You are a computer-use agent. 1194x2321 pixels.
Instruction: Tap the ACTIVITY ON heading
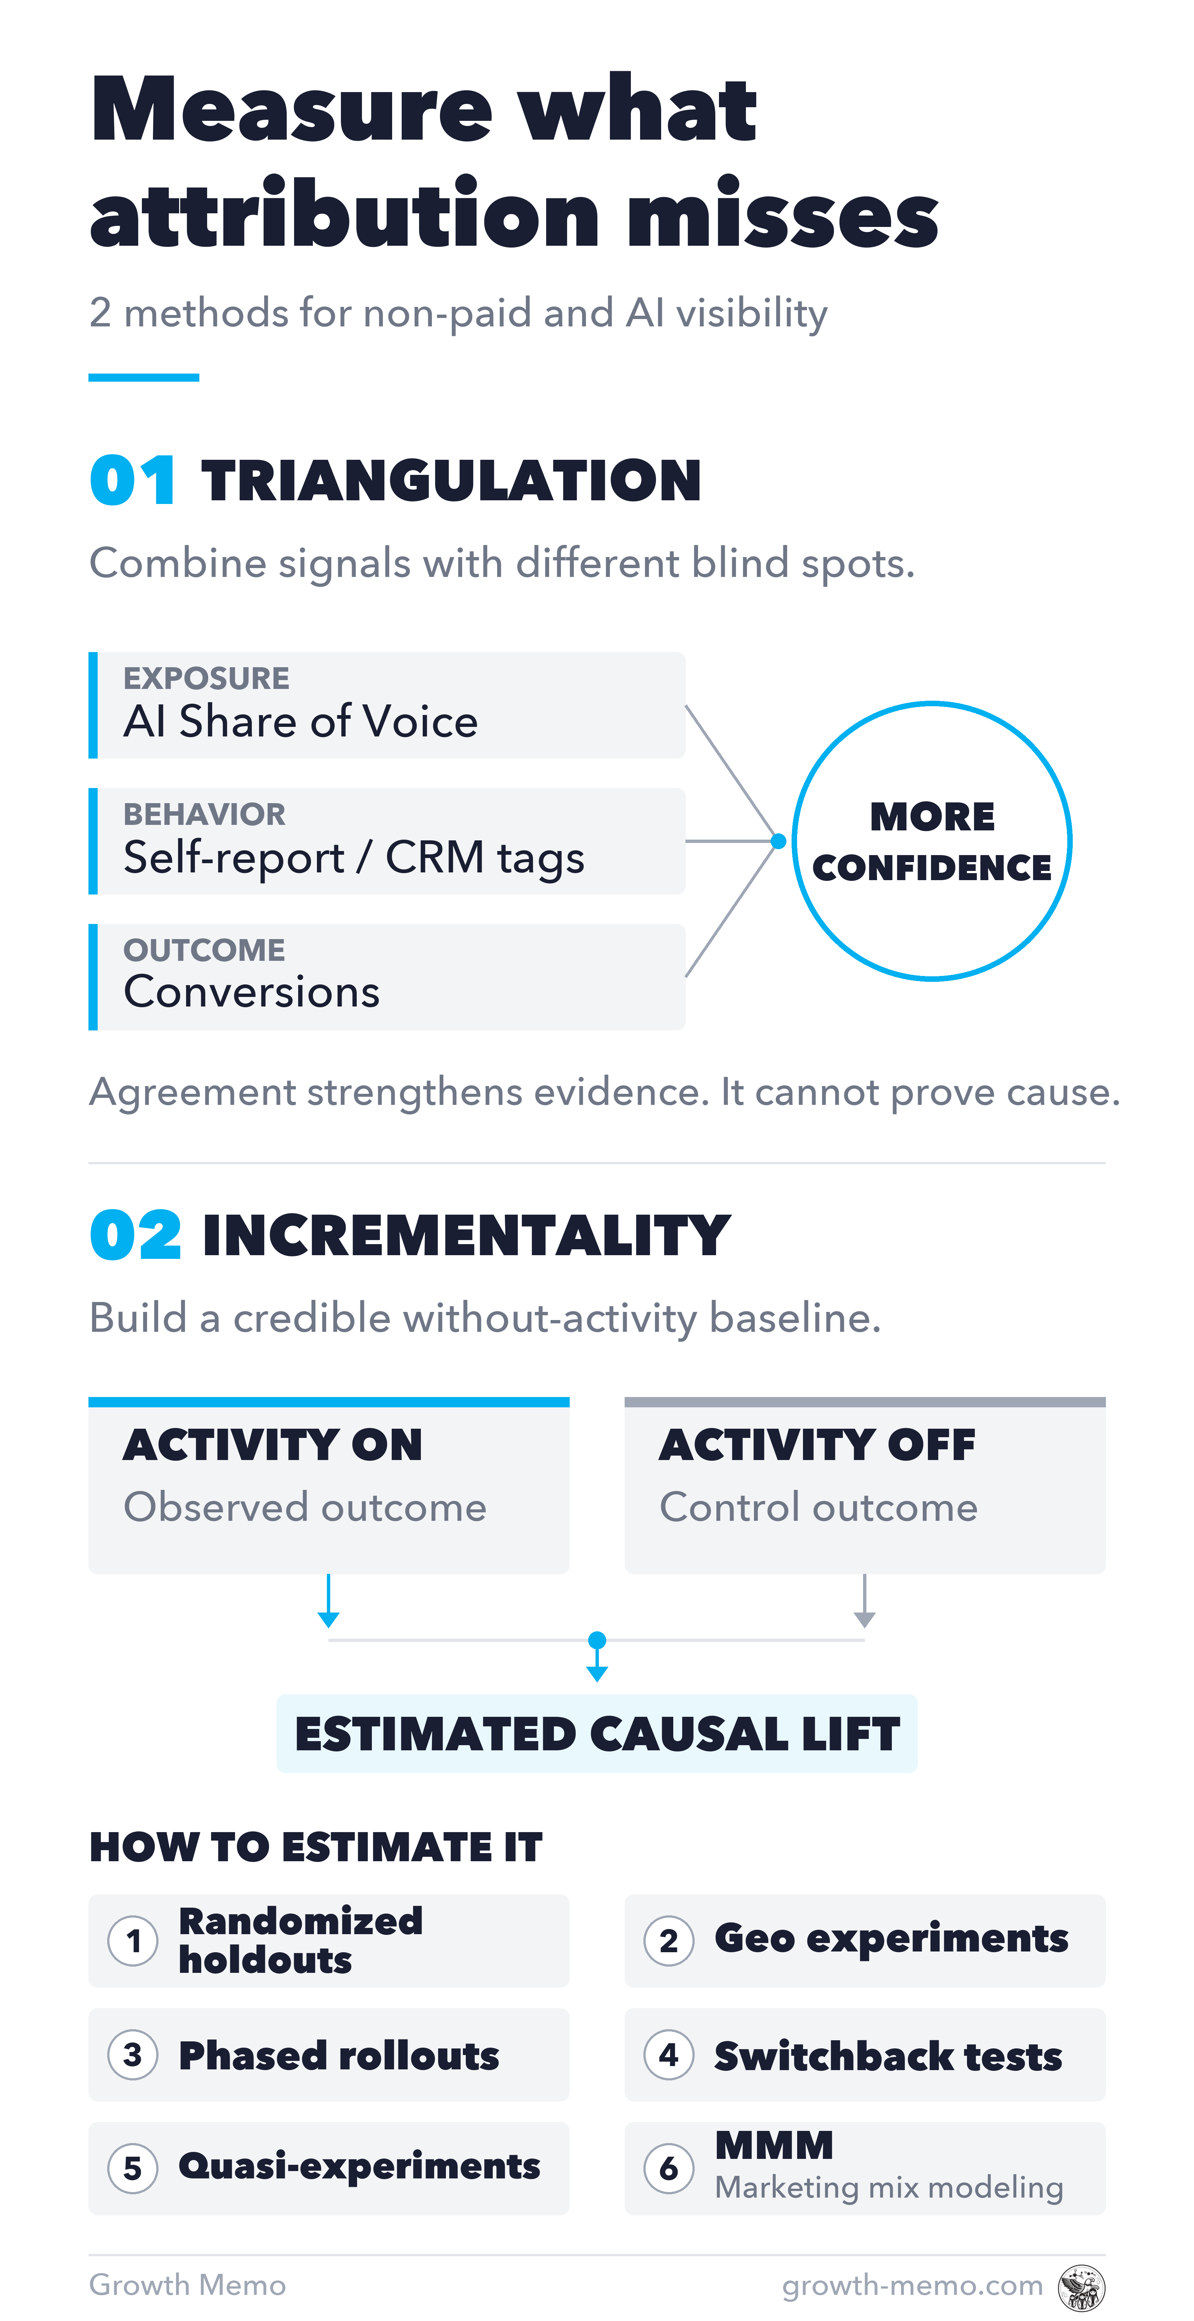(x=273, y=1445)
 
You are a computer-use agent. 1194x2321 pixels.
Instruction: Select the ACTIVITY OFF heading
(x=817, y=1445)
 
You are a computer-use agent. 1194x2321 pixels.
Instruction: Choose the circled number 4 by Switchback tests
(x=668, y=2055)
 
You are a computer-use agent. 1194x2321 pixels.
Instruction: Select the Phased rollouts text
(x=339, y=2055)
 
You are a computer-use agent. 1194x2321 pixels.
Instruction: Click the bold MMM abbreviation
(x=774, y=2146)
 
